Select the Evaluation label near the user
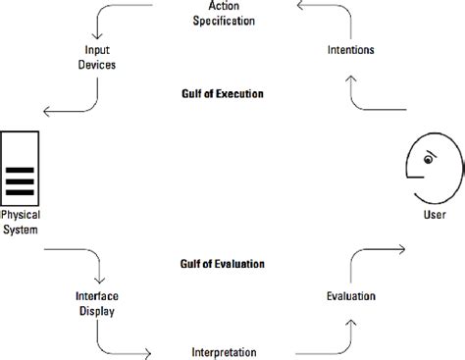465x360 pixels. click(x=350, y=295)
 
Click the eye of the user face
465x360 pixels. click(x=430, y=157)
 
